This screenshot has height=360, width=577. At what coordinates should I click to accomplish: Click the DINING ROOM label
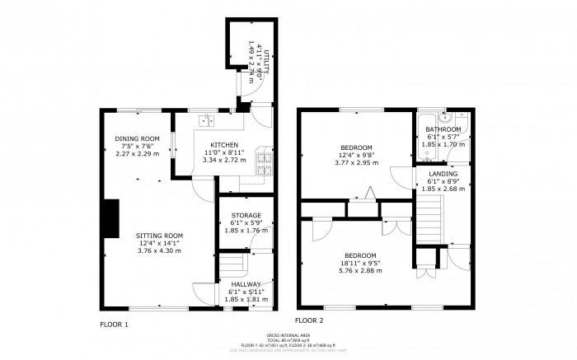click(137, 138)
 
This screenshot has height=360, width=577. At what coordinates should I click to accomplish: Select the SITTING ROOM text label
click(159, 236)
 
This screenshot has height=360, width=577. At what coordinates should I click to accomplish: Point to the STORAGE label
click(242, 216)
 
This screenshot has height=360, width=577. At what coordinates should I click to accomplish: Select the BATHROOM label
click(443, 129)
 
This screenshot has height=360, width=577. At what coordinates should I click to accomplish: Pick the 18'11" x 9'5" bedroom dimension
click(360, 263)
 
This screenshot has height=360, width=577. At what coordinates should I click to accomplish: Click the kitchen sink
click(205, 122)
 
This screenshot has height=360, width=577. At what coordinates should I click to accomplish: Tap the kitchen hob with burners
click(265, 163)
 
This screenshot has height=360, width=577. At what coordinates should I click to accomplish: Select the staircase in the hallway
click(234, 265)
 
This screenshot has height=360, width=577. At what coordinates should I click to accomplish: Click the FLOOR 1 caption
click(114, 325)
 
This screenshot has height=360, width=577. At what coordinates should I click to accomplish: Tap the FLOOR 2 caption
click(309, 320)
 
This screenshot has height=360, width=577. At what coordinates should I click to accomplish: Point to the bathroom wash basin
click(443, 116)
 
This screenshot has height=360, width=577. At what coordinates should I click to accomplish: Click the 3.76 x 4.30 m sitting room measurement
click(159, 250)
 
